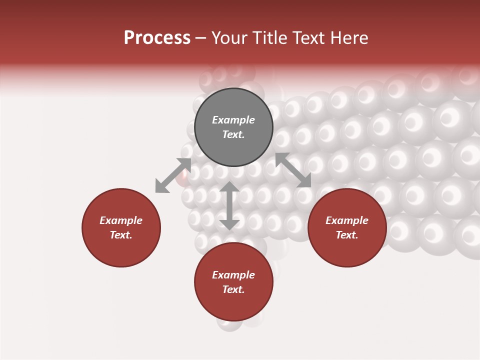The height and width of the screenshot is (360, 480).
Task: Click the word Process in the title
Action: click(157, 38)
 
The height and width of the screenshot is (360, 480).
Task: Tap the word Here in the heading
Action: click(348, 38)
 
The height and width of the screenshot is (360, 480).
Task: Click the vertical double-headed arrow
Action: click(229, 205)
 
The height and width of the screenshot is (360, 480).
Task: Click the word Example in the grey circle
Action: click(233, 120)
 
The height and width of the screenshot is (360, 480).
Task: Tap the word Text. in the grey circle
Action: click(233, 134)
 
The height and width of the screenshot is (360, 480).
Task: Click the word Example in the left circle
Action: click(121, 220)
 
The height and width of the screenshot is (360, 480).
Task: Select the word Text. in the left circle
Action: click(121, 235)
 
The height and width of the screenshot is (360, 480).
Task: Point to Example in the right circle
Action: click(347, 220)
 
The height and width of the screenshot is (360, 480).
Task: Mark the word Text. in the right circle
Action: click(347, 235)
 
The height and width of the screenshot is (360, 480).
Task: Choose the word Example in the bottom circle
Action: click(233, 275)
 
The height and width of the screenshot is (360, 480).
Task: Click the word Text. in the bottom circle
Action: click(233, 289)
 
